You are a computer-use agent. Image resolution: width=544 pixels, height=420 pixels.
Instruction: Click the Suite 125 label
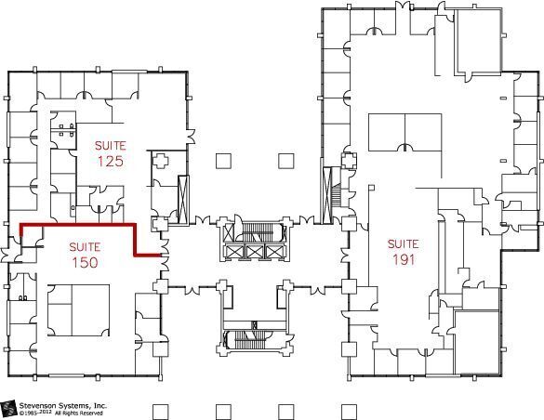110,153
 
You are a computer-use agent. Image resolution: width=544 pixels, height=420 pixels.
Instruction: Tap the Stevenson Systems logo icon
9,409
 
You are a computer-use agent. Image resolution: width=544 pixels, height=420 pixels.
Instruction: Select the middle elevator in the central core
254,251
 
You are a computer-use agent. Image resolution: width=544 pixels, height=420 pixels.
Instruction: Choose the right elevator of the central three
273,251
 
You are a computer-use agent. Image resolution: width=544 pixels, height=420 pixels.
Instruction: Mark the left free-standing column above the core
222,160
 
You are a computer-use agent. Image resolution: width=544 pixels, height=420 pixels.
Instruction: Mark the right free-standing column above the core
285,160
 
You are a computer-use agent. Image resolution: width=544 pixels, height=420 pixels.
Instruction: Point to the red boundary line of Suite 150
79,225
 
